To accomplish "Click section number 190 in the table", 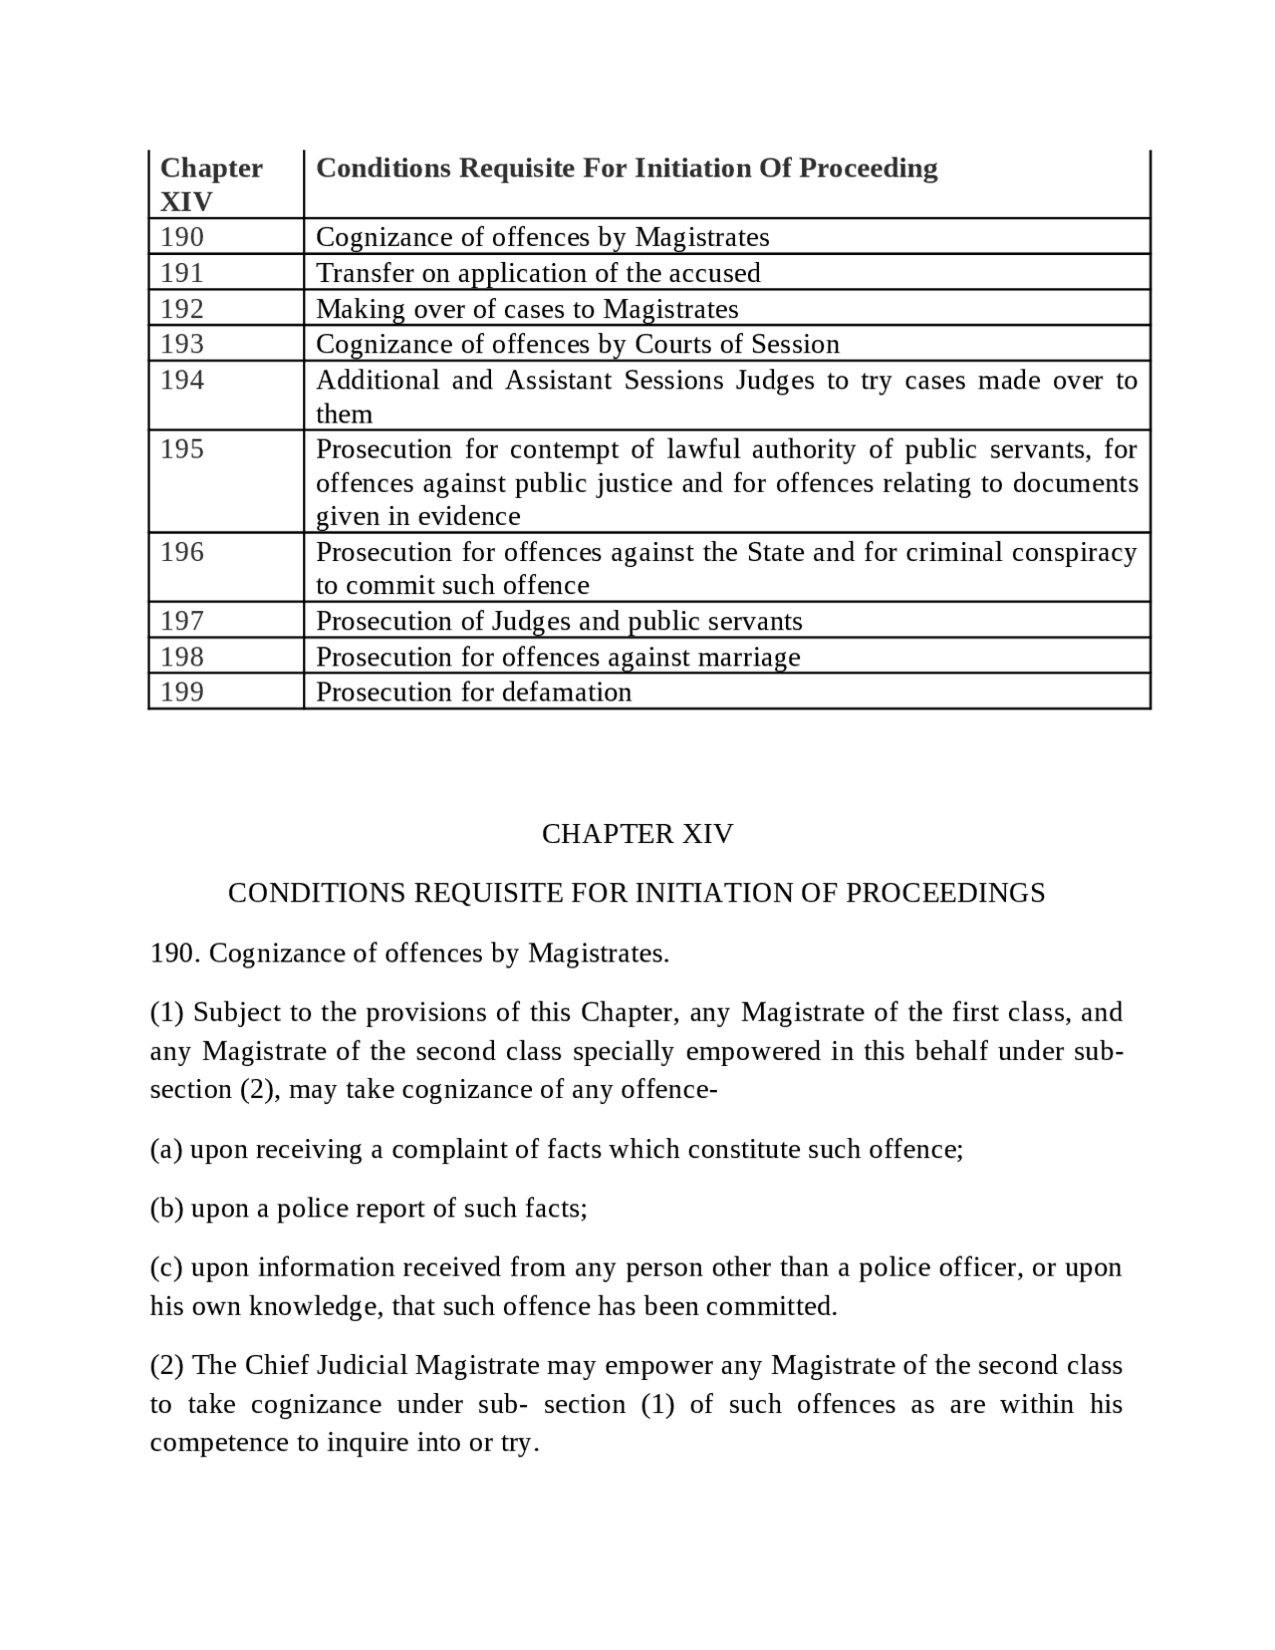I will pos(182,237).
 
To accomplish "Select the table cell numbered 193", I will pos(182,344).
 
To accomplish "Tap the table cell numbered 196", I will pos(182,552).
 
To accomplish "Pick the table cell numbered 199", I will pos(182,691).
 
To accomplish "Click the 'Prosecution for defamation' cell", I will pos(473,691).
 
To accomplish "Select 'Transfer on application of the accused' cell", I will pos(538,273).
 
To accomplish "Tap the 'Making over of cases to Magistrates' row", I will pos(527,309).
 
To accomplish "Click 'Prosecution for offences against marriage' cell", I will pos(558,657).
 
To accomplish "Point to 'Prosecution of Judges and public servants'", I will pos(559,621).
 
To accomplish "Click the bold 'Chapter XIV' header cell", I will pos(211,184).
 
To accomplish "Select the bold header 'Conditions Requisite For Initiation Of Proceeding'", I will pos(627,167).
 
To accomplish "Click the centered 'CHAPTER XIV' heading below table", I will pos(637,834).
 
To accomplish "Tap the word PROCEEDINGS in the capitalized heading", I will pos(945,893).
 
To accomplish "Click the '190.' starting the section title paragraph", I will pos(176,954).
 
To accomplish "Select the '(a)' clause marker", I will pos(166,1150).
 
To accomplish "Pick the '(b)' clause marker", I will pos(166,1209).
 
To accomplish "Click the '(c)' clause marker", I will pos(166,1267).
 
